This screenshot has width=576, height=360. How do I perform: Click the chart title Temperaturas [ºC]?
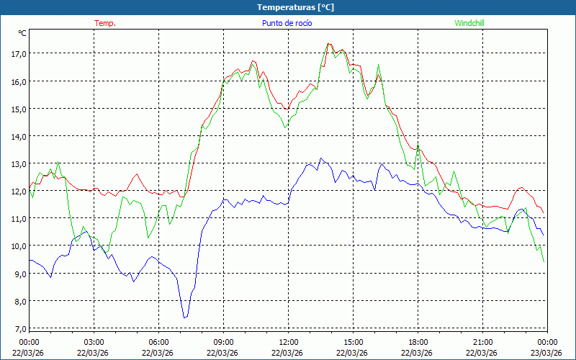point(295,7)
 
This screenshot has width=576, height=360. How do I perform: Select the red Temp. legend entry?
point(105,23)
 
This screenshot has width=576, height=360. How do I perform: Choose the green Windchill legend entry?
point(469,23)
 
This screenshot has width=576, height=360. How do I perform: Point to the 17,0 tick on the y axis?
point(17,53)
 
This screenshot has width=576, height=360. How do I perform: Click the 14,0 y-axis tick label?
point(17,136)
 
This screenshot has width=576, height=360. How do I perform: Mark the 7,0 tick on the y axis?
point(17,329)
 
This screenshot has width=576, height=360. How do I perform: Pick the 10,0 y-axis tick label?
point(17,246)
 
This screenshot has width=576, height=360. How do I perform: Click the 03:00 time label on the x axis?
point(94,342)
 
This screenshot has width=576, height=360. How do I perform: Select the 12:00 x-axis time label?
point(289,342)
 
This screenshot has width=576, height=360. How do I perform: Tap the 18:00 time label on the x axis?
point(418,342)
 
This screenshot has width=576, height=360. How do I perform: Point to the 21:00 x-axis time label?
point(483,342)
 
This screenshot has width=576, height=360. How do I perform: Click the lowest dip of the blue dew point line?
point(184,318)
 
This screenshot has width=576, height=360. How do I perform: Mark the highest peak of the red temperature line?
point(328,44)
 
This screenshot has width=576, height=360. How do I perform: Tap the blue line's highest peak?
point(321,158)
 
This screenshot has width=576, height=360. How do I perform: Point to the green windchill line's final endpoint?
point(544,261)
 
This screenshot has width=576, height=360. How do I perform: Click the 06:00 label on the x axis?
point(159,342)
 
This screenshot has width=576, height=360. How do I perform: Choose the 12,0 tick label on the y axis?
point(17,192)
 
